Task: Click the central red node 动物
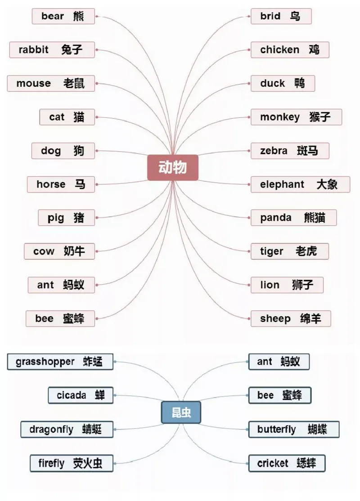pos(173,168)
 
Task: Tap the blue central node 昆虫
pos(181,413)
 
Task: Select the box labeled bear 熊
pos(63,17)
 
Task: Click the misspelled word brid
pos(270,17)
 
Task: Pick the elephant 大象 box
pos(300,184)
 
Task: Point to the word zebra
pos(274,151)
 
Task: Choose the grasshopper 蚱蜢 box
pos(60,362)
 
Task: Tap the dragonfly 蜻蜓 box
pos(67,429)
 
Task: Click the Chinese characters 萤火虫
pos(88,463)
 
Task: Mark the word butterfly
pos(276,429)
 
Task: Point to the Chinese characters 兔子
pos(72,49)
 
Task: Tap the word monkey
pos(279,117)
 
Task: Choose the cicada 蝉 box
pos(81,395)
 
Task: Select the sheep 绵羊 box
pos(291,319)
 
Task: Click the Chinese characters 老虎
pos(306,251)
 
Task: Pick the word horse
pos(51,184)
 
